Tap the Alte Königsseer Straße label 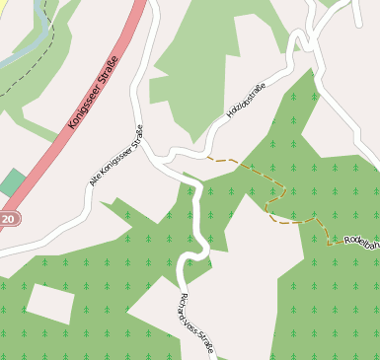pos(115,155)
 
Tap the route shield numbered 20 pos(8,219)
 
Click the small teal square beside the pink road pos(13,182)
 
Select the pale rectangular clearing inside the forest pos(49,303)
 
